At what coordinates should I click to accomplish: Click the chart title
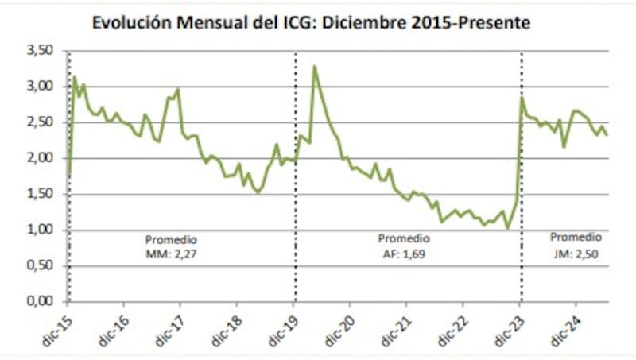pos(311,23)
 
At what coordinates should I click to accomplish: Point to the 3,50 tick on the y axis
pos(41,51)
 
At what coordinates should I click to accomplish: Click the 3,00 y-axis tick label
pos(41,87)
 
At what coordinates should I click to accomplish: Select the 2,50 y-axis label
pos(41,122)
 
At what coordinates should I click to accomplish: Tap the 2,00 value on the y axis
pos(41,158)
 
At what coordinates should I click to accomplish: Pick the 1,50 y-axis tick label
pos(41,194)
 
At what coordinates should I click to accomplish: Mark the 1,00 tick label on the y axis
pos(41,230)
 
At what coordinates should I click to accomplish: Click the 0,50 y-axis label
pos(41,266)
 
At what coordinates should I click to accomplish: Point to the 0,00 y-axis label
pos(41,302)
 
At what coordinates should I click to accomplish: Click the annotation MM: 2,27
pos(171,253)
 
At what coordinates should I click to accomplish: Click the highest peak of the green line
pos(315,66)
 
